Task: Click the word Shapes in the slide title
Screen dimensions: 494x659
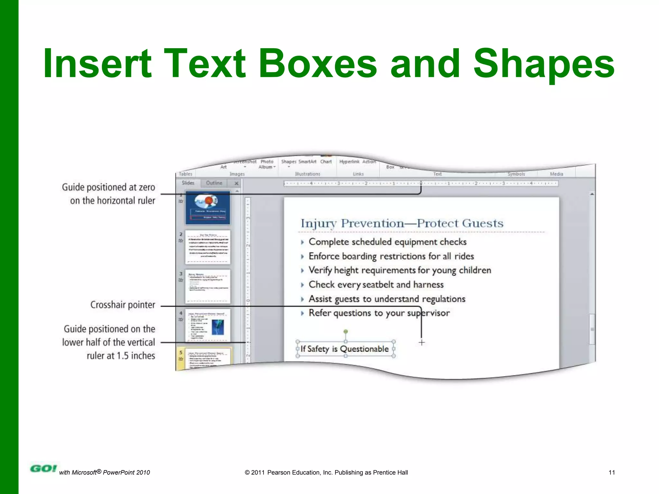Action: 544,64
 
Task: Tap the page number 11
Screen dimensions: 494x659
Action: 611,472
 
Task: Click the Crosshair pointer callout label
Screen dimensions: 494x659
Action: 123,305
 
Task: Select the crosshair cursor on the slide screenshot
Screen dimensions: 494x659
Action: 422,343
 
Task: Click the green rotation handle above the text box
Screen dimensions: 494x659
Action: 345,331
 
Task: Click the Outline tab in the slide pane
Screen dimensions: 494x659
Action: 214,183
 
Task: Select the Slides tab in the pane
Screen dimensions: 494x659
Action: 188,183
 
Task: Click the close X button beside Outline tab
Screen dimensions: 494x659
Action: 237,183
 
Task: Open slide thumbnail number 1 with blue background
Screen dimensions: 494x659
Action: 208,207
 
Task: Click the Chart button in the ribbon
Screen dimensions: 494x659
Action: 326,162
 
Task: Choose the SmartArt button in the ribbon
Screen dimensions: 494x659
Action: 307,162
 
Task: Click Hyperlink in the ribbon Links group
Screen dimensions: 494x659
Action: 349,162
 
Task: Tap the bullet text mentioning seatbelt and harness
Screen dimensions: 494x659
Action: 376,285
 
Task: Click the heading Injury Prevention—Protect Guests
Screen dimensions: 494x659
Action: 402,223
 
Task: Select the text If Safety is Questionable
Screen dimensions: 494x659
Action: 345,349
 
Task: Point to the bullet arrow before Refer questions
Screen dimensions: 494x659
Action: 302,313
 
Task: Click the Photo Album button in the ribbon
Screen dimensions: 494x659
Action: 267,164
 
